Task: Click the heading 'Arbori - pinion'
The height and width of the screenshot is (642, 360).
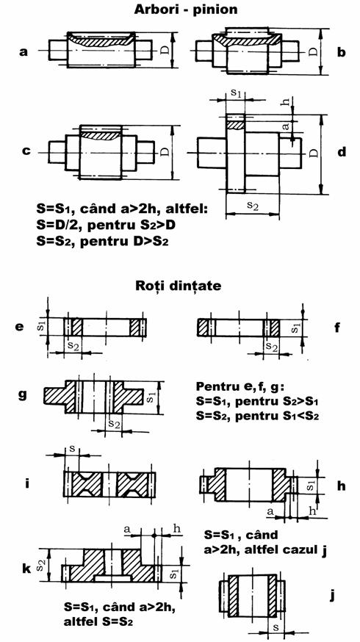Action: pos(186,10)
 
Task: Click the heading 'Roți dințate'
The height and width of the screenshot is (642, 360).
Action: pos(178,286)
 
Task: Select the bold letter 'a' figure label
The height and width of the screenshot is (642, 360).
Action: pos(24,52)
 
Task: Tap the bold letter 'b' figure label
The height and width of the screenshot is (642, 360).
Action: pos(340,51)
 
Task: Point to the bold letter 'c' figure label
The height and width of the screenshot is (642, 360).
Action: pos(26,151)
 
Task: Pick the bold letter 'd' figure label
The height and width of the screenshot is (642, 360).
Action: pos(341,151)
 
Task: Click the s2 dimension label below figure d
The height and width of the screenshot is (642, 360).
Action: pos(254,206)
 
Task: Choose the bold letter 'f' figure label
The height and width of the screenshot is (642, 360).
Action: pos(337,327)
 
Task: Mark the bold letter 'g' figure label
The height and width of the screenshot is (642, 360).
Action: pos(24,395)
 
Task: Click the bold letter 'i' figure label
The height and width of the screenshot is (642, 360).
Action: pos(26,483)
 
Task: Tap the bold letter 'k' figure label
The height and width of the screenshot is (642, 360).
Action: pos(27,569)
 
